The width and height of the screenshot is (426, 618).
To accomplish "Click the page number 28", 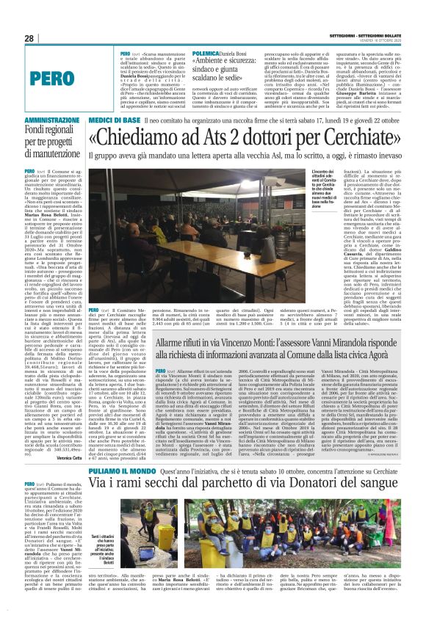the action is [x=29, y=38].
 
